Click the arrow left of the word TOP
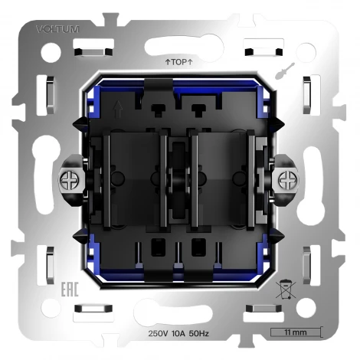[x=168, y=61]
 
